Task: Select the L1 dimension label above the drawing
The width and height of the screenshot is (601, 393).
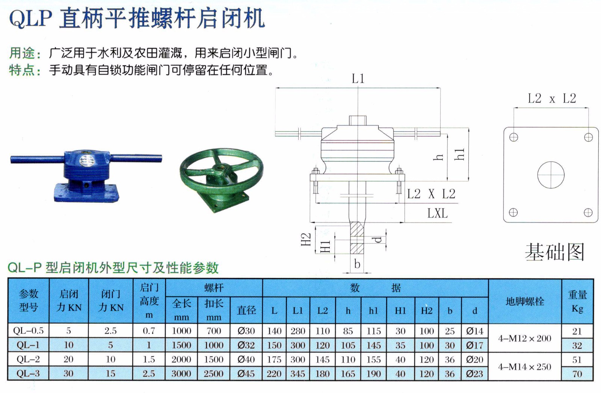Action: (358, 79)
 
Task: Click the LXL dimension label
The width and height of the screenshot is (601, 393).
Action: (438, 214)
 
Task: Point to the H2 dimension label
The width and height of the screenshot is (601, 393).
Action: (306, 239)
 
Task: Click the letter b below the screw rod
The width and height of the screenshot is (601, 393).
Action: (357, 264)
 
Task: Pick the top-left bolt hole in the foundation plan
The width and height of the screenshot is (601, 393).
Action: (513, 138)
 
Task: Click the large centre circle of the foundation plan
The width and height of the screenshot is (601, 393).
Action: (551, 175)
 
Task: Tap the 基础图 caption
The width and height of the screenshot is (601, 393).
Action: (554, 252)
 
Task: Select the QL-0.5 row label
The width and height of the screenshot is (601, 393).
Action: (28, 331)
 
